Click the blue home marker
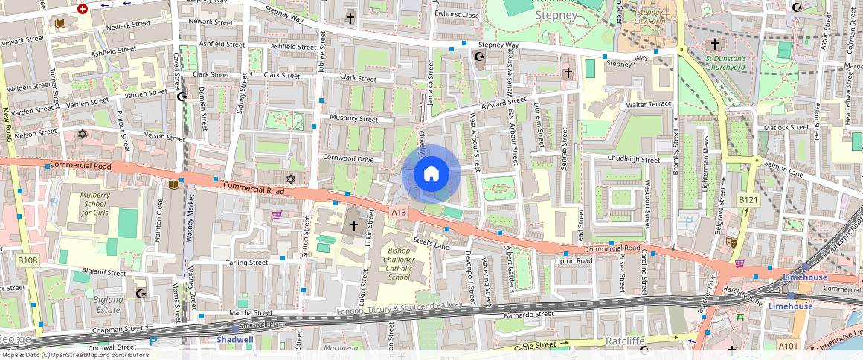coord(431,174)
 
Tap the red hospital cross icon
coord(82,9)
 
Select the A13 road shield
coord(399,213)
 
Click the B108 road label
coord(28,260)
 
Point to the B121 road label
coord(748,200)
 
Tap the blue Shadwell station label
coord(235,340)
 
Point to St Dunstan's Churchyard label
coord(725,62)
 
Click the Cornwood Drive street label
coord(348,158)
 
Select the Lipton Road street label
coord(573,261)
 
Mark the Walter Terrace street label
coord(649,105)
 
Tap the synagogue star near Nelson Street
coord(82,134)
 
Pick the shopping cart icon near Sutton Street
coord(277,215)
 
